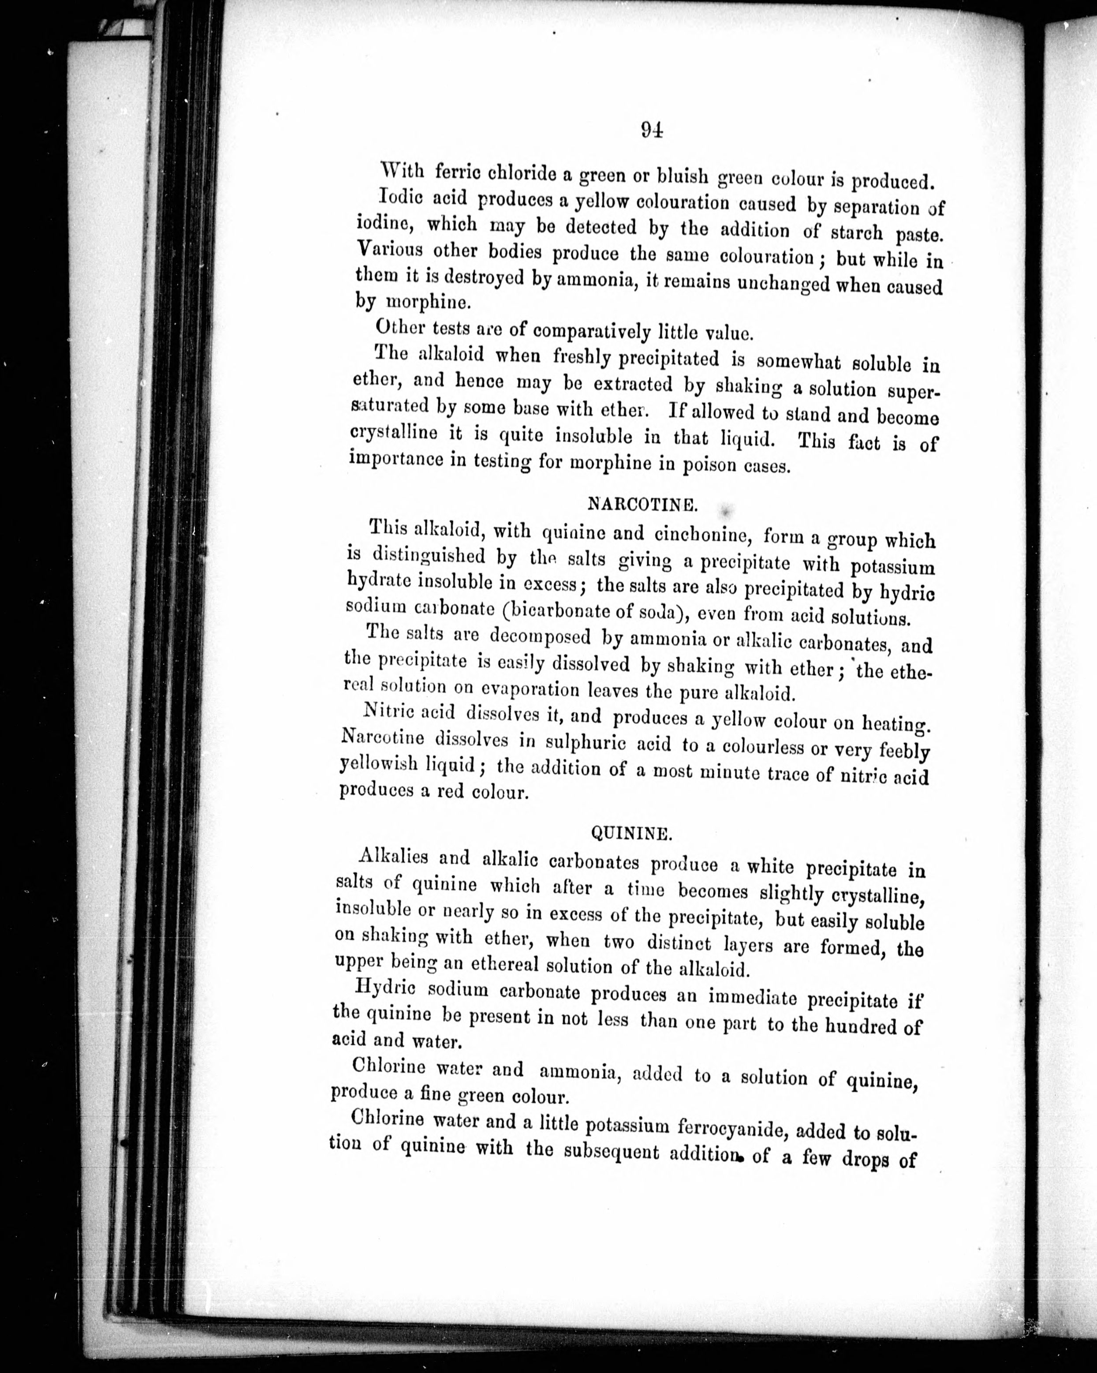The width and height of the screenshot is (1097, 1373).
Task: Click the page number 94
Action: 652,130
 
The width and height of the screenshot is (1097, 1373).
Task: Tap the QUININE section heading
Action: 631,832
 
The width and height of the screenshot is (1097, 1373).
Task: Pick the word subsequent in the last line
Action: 611,1152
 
